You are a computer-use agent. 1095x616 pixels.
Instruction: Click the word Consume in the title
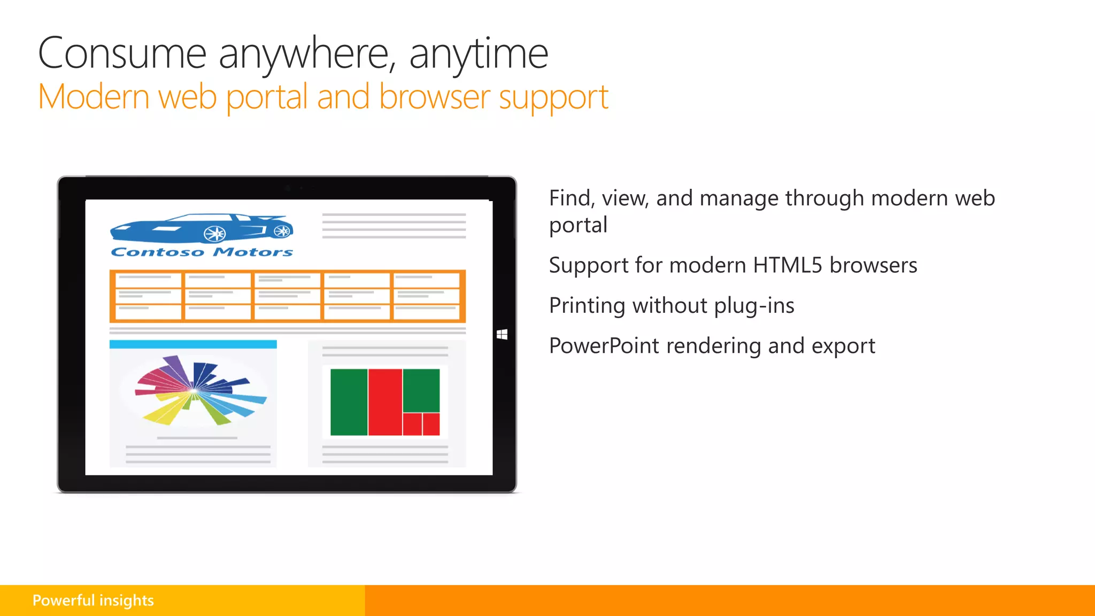[122, 53]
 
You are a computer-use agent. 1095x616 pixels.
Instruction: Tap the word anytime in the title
[479, 53]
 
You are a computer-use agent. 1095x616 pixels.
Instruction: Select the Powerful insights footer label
[93, 600]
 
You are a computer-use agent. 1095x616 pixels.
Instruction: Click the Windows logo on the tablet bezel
[502, 335]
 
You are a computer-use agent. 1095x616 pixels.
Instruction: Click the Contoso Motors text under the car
[202, 252]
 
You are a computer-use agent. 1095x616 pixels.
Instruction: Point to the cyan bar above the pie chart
[193, 344]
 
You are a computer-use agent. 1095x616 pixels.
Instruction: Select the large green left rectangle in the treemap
[349, 402]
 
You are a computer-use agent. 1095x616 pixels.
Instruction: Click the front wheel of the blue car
[215, 233]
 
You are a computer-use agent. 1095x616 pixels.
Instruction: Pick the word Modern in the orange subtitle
[94, 97]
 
